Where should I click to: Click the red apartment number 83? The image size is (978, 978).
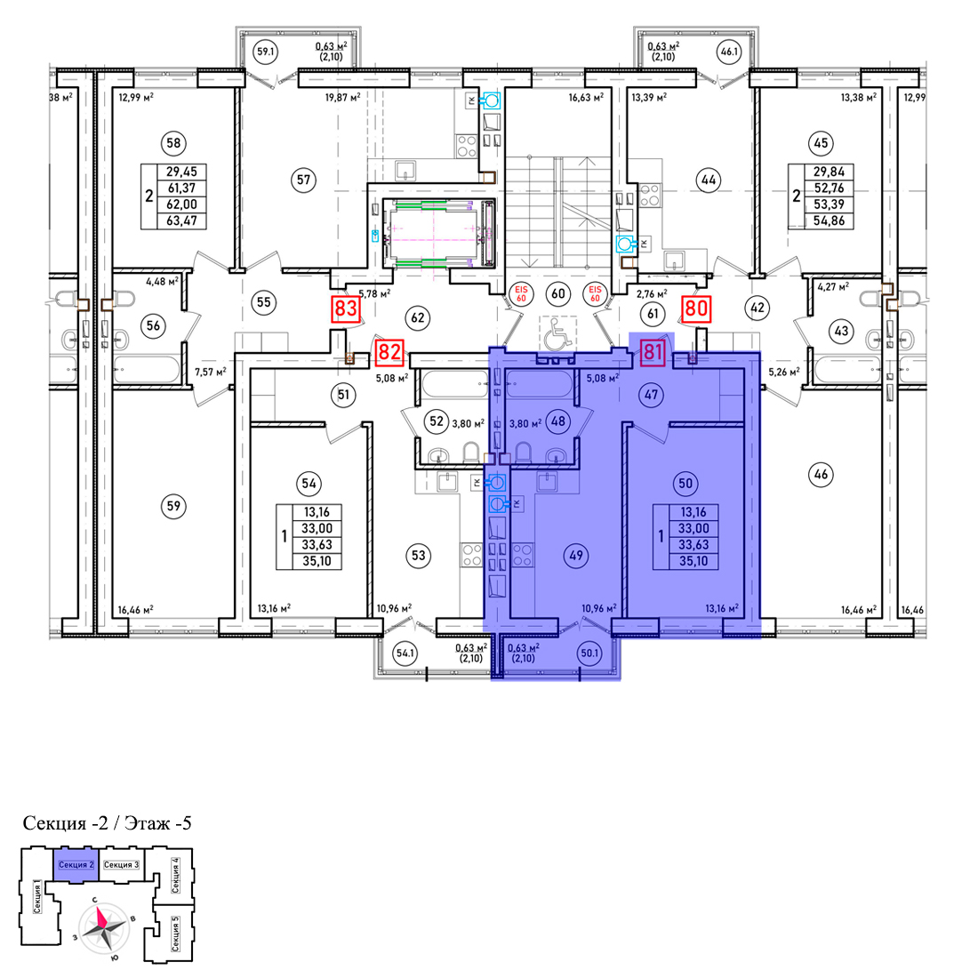pyautogui.click(x=346, y=309)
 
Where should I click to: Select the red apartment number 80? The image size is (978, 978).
pyautogui.click(x=697, y=309)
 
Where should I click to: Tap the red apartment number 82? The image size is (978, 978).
pyautogui.click(x=389, y=352)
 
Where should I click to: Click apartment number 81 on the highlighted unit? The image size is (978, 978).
pyautogui.click(x=652, y=352)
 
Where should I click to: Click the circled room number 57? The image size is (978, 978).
pyautogui.click(x=303, y=180)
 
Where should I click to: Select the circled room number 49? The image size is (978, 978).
pyautogui.click(x=576, y=555)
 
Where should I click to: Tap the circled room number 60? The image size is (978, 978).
pyautogui.click(x=558, y=293)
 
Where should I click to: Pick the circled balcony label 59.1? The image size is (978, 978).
pyautogui.click(x=266, y=52)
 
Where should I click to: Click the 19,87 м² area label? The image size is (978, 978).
pyautogui.click(x=343, y=97)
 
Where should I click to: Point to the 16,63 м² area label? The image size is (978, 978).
pyautogui.click(x=586, y=97)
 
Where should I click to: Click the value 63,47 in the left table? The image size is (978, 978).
pyautogui.click(x=181, y=220)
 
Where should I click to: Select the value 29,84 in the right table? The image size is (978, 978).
pyautogui.click(x=829, y=172)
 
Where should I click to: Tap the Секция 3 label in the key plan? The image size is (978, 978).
pyautogui.click(x=121, y=864)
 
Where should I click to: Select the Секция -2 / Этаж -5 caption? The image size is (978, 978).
pyautogui.click(x=107, y=823)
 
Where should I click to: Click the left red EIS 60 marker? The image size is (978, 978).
pyautogui.click(x=521, y=293)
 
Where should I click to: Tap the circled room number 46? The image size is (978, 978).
pyautogui.click(x=821, y=475)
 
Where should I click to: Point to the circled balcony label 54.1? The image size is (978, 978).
pyautogui.click(x=405, y=653)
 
